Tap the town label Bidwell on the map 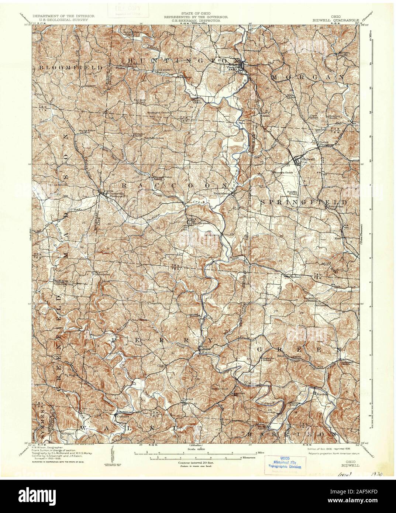tap(308, 159)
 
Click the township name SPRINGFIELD tap(303, 203)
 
